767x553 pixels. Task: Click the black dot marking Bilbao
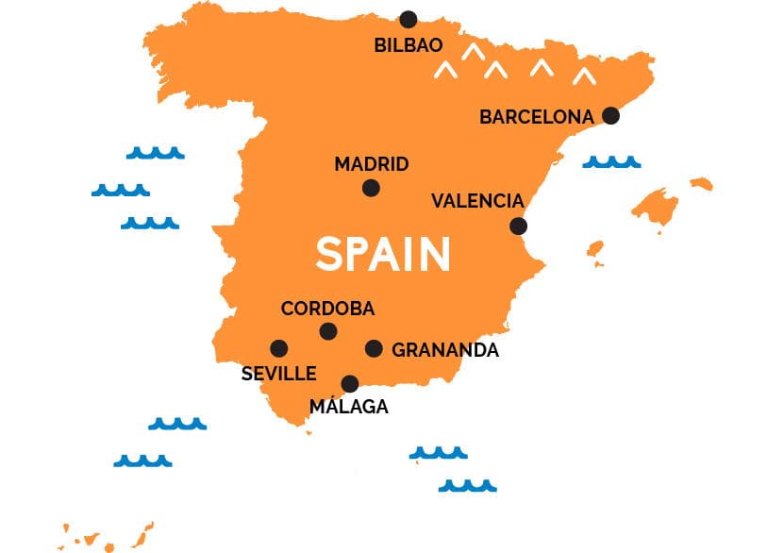(x=408, y=19)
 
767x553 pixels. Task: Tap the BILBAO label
(x=409, y=44)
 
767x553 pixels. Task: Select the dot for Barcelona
(x=610, y=115)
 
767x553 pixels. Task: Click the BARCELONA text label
(x=537, y=117)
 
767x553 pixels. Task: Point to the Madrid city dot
(x=371, y=188)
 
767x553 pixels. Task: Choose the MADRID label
(x=372, y=164)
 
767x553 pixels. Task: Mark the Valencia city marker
(x=518, y=226)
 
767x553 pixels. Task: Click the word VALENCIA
(x=477, y=201)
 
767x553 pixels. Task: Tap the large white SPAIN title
(x=383, y=254)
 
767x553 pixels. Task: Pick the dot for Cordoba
(x=327, y=331)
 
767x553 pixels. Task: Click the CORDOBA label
(x=327, y=309)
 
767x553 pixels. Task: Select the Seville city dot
(x=279, y=348)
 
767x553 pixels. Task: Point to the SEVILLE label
(x=279, y=374)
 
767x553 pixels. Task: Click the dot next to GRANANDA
(x=374, y=348)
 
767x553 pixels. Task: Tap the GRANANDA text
(x=445, y=350)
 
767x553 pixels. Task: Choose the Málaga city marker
(x=350, y=383)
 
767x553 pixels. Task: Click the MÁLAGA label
(x=349, y=407)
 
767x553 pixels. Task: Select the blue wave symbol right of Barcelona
(x=611, y=162)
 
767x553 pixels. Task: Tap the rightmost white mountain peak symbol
(x=585, y=75)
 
